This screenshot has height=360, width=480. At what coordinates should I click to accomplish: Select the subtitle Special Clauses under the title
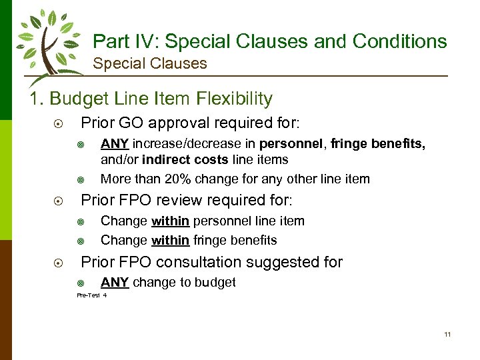click(x=150, y=64)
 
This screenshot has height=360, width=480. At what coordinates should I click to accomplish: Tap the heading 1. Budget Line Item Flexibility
click(x=151, y=99)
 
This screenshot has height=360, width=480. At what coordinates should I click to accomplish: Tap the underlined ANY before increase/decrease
click(x=115, y=145)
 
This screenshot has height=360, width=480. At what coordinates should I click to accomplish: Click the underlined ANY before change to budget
click(x=115, y=283)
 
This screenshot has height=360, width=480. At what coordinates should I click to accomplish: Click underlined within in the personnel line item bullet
click(x=170, y=221)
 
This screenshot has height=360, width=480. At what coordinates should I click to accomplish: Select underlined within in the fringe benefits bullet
click(x=170, y=240)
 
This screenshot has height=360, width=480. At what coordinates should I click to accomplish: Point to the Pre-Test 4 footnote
click(x=91, y=295)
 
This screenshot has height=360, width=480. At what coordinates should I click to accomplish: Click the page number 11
click(x=447, y=334)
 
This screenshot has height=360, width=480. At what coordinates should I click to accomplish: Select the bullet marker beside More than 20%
click(x=80, y=179)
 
